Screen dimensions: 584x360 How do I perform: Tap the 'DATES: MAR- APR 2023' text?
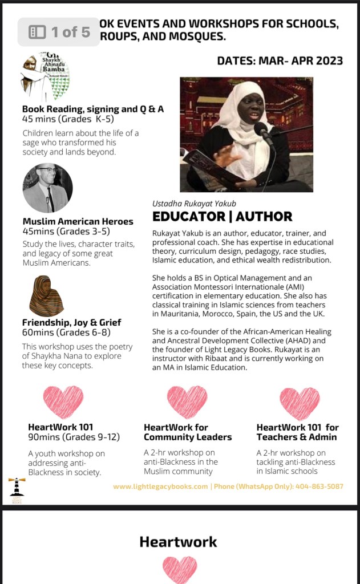pos(280,60)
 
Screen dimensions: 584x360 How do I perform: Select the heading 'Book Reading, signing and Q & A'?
pos(93,109)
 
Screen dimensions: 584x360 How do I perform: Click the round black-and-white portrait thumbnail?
pos(47,188)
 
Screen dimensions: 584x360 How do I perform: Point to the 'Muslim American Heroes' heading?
pos(78,221)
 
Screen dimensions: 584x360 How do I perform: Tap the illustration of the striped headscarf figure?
pos(46,296)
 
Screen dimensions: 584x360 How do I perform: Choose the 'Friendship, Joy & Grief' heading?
pos(72,322)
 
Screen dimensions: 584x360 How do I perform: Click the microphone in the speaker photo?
pos(263,132)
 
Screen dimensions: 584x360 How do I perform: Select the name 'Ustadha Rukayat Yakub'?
pos(194,203)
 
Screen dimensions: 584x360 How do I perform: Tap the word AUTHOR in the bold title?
pos(264,216)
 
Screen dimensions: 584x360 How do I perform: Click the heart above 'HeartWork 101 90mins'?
pos(63,402)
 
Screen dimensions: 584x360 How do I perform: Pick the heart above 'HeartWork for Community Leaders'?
pos(187,402)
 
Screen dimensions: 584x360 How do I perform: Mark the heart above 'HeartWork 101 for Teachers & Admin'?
pos(300,402)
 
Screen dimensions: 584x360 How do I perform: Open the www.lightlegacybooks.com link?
pos(160,486)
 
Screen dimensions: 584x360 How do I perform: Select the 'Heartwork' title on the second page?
pos(178,541)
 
